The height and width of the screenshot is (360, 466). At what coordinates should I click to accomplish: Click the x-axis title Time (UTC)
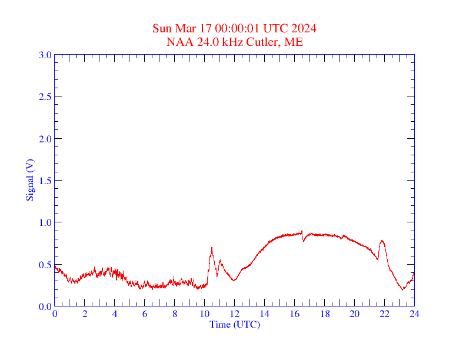pyautogui.click(x=234, y=324)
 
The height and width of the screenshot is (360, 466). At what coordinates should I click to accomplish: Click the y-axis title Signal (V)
pyautogui.click(x=30, y=180)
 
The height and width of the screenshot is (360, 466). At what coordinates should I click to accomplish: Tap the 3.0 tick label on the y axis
pyautogui.click(x=45, y=55)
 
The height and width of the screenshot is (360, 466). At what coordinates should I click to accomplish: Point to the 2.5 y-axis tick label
pyautogui.click(x=45, y=96)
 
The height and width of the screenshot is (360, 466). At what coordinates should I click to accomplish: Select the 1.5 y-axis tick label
pyautogui.click(x=45, y=181)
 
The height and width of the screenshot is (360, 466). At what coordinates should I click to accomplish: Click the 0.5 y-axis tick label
pyautogui.click(x=45, y=265)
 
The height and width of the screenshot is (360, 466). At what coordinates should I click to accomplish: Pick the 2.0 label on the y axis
pyautogui.click(x=45, y=139)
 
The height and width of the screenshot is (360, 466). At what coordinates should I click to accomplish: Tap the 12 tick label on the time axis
pyautogui.click(x=234, y=314)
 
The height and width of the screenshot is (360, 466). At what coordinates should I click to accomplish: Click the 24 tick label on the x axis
pyautogui.click(x=414, y=314)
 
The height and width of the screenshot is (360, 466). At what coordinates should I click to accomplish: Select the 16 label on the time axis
pyautogui.click(x=294, y=314)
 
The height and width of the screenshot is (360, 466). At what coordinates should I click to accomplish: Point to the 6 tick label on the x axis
pyautogui.click(x=145, y=314)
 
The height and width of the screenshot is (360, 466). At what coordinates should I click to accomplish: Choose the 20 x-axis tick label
pyautogui.click(x=354, y=314)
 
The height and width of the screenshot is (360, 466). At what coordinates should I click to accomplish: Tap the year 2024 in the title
pyautogui.click(x=305, y=28)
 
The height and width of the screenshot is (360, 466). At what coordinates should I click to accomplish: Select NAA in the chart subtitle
pyautogui.click(x=178, y=42)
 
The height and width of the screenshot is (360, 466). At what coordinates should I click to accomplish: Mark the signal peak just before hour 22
pyautogui.click(x=382, y=240)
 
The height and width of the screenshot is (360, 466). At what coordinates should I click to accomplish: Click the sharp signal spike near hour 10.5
pyautogui.click(x=212, y=248)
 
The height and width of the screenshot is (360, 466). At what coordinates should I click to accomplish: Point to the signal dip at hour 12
pyautogui.click(x=234, y=280)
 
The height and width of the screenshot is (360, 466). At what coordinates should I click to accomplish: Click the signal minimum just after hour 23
pyautogui.click(x=402, y=289)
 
